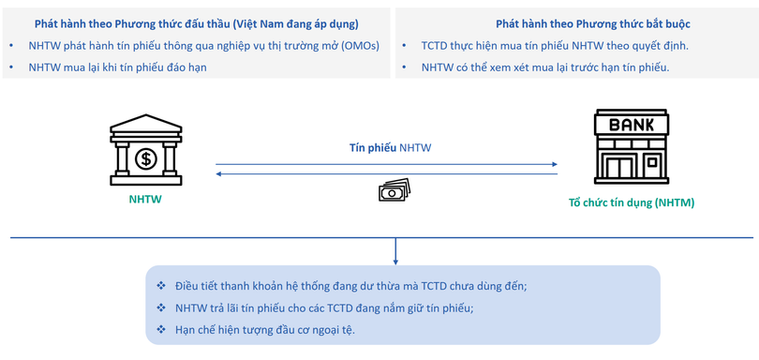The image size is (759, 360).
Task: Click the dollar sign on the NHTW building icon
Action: click(145, 157)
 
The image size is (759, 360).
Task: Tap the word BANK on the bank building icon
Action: click(632, 125)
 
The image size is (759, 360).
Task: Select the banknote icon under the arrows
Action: click(394, 190)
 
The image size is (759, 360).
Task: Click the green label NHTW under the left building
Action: click(145, 199)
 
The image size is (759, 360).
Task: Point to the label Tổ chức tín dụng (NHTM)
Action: click(632, 202)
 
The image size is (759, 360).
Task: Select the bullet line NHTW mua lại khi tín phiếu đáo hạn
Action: click(117, 67)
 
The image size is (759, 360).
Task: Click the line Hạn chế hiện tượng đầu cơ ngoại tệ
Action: click(265, 329)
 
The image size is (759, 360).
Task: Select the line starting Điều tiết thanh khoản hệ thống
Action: click(350, 286)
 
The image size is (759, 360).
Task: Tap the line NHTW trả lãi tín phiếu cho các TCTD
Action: click(324, 307)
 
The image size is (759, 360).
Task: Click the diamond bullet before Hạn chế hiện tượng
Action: click(161, 329)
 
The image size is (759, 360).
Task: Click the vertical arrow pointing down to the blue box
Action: click(395, 251)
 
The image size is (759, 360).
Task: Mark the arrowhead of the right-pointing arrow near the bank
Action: click(554, 165)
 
